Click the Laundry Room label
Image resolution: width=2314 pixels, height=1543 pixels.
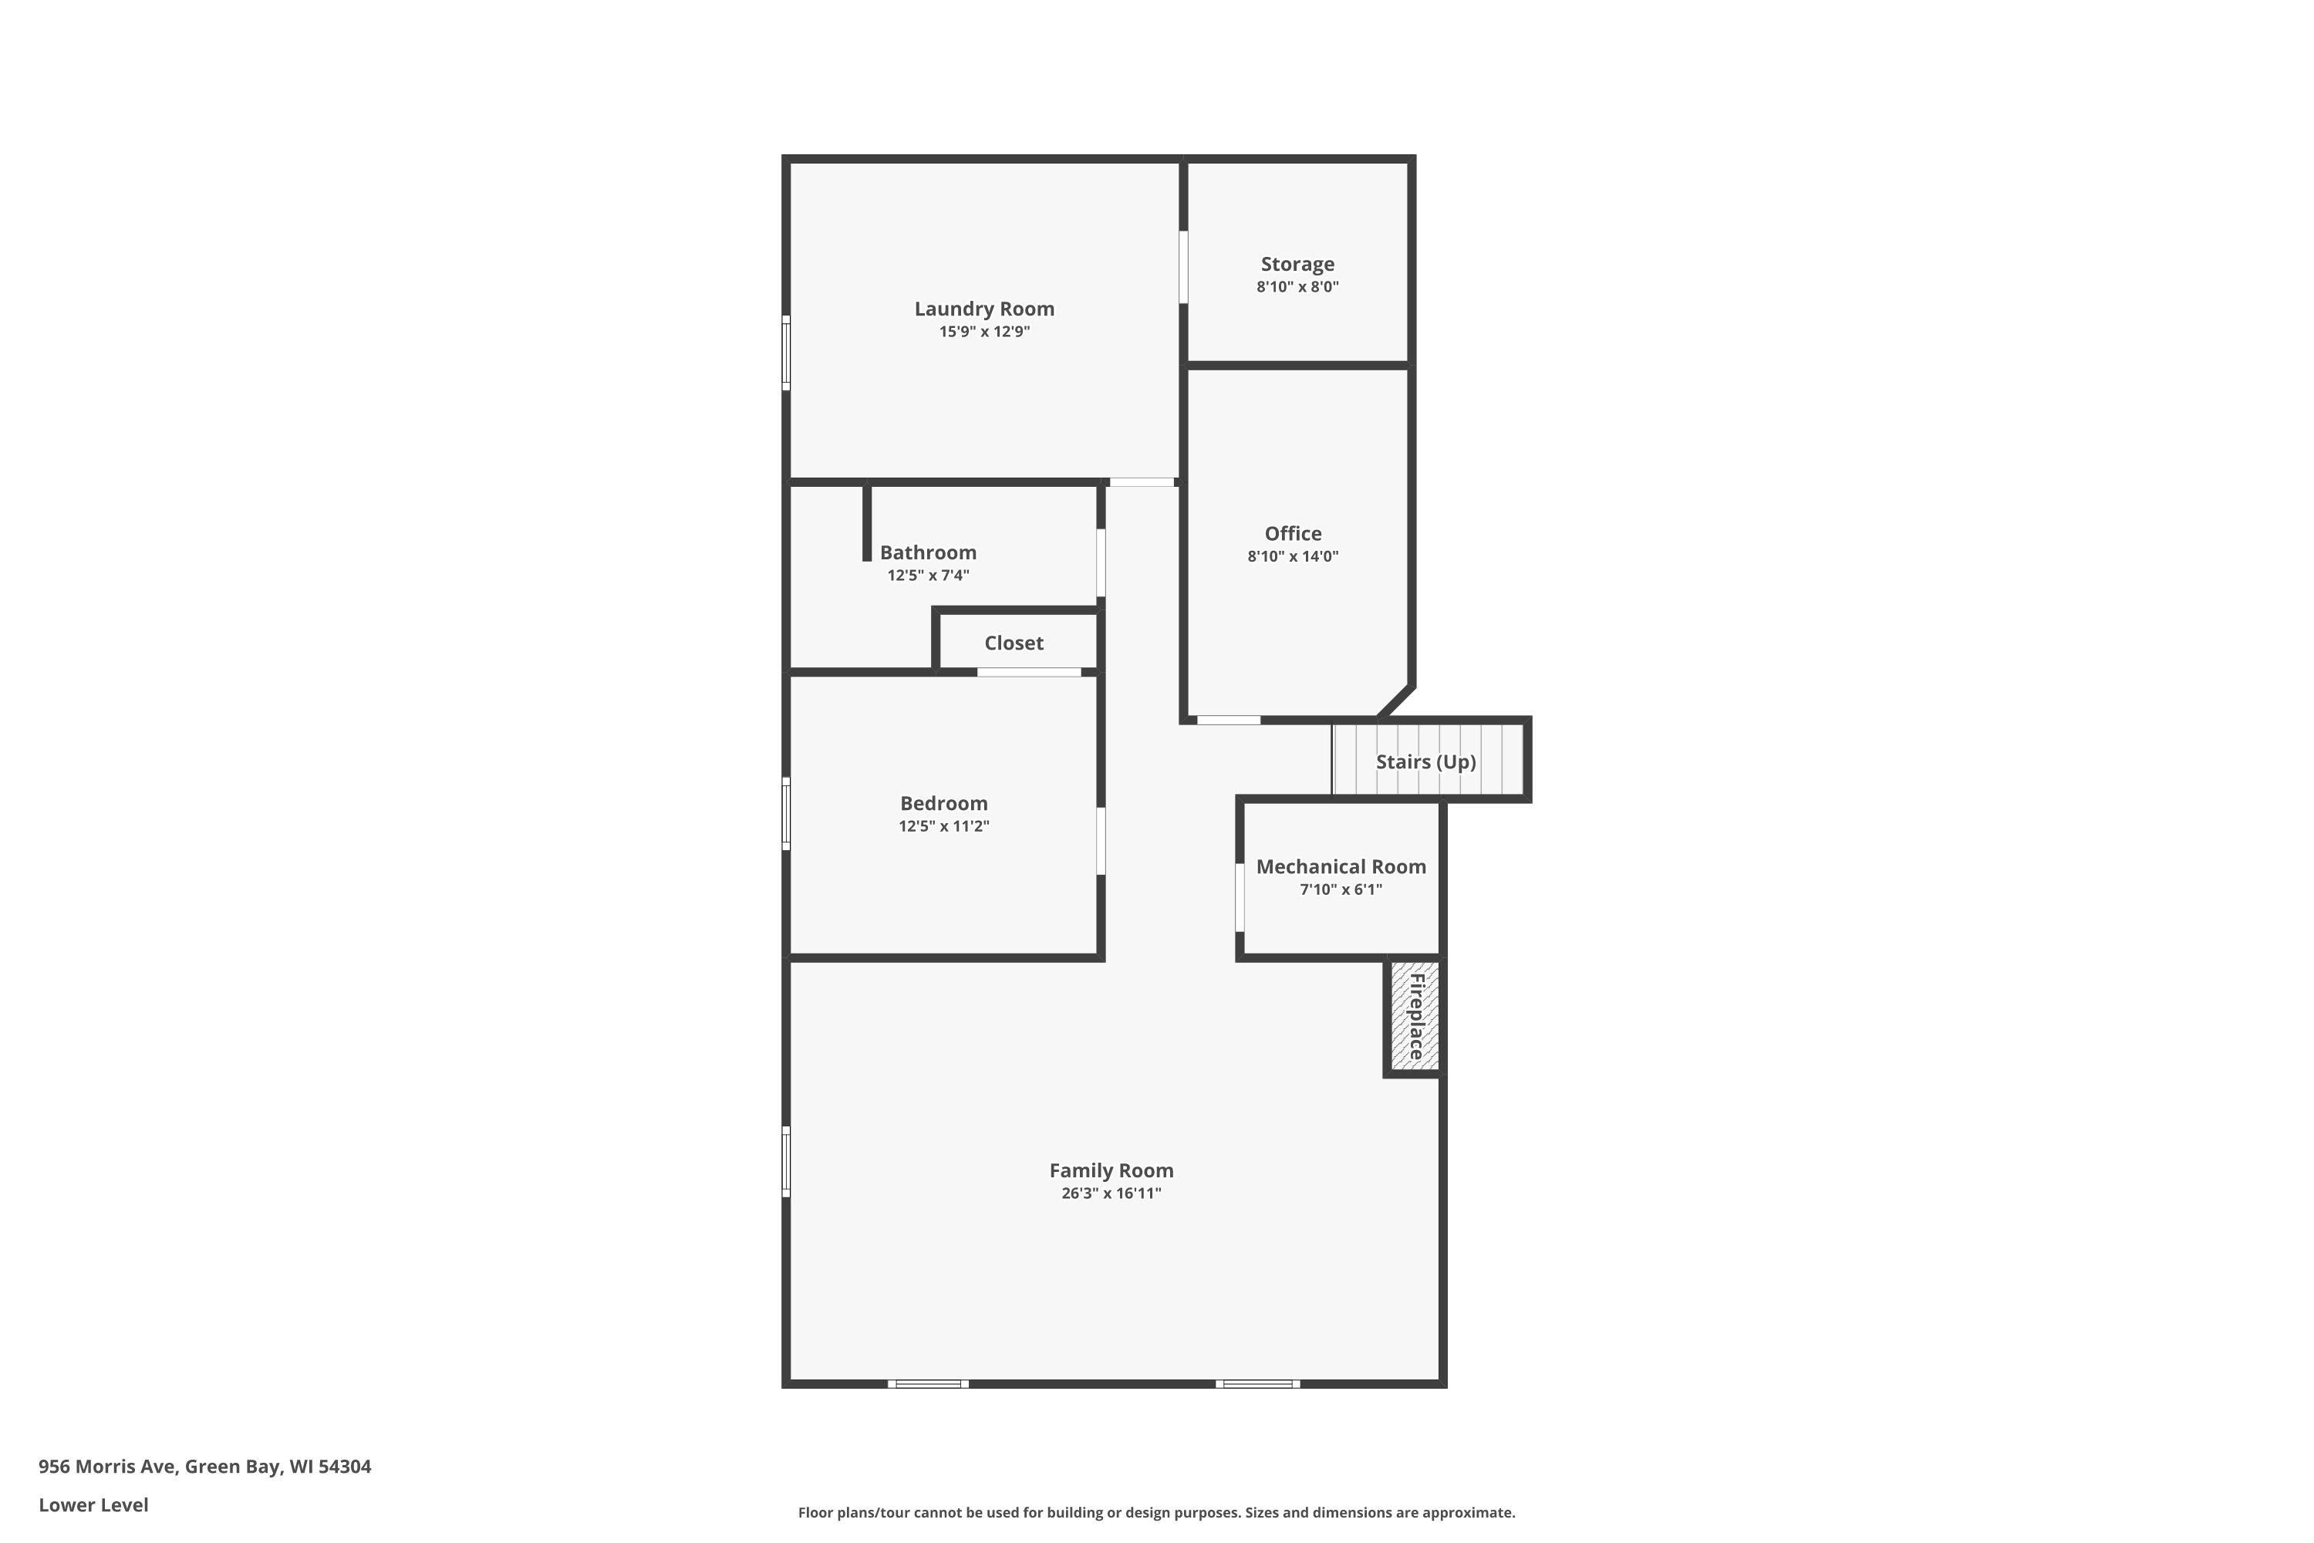tap(984, 309)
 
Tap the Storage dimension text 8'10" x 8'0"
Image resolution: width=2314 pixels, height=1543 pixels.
tap(1297, 287)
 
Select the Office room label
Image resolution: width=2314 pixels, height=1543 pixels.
tap(1293, 533)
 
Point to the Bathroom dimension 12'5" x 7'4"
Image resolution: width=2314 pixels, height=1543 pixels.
tap(928, 576)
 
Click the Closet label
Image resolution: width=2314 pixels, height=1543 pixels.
tap(1014, 643)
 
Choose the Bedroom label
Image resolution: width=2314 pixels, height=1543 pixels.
tap(943, 803)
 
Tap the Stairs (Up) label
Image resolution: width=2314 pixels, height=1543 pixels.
tap(1425, 761)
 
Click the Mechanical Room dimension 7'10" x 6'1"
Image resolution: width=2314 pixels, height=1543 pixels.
tap(1341, 890)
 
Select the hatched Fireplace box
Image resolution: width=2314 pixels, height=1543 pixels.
tap(1415, 1017)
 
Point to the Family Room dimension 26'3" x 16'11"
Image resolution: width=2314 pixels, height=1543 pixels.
tap(1111, 1194)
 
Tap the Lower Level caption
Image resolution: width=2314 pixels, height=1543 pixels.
tap(93, 1504)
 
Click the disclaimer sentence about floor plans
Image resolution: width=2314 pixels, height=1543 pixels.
tap(1156, 1512)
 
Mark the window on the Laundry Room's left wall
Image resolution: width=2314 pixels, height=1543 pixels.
tap(786, 353)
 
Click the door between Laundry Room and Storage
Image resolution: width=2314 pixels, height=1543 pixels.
tap(1183, 267)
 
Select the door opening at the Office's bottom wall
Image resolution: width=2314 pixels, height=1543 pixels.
tap(1229, 721)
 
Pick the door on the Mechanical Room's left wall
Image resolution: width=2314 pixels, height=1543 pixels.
tap(1240, 896)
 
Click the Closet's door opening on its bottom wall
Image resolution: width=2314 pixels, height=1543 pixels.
tap(1029, 672)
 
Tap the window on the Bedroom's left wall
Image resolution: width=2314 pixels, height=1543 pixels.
tap(786, 813)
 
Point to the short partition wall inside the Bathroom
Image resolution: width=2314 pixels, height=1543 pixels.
tap(867, 522)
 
